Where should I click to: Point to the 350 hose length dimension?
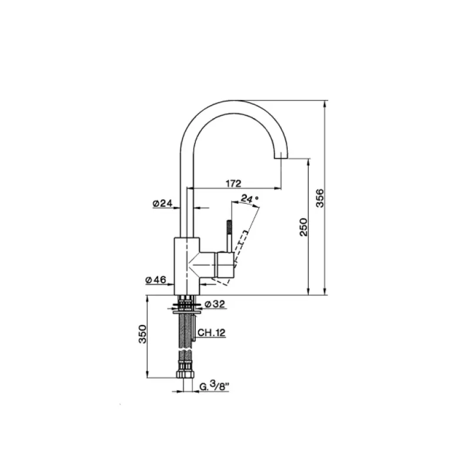pyautogui.click(x=141, y=334)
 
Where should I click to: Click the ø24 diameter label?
pyautogui.click(x=162, y=203)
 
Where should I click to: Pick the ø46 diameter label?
pyautogui.click(x=156, y=280)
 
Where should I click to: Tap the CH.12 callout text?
pyautogui.click(x=212, y=333)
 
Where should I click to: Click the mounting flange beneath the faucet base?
pyautogui.click(x=187, y=305)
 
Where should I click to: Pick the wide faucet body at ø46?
pyautogui.click(x=187, y=264)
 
